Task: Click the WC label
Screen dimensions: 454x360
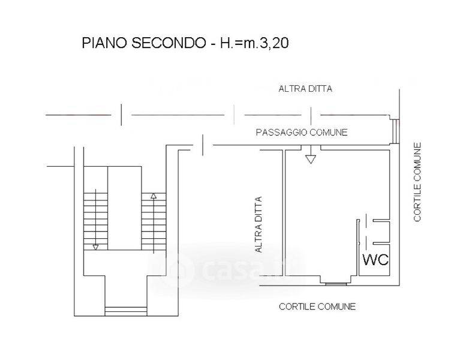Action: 375,260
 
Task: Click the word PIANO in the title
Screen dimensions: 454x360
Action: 104,43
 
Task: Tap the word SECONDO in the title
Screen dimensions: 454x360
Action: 169,43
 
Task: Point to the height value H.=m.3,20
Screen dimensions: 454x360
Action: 254,43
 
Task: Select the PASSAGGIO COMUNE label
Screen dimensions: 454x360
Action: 302,133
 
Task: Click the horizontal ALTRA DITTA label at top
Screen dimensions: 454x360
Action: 305,89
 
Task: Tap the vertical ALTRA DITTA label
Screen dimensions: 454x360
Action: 258,224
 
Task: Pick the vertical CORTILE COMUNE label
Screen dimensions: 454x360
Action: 417,182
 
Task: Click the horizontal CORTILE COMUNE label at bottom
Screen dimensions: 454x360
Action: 317,307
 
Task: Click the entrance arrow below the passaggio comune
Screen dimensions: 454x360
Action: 311,155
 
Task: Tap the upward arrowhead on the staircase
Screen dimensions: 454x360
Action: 154,196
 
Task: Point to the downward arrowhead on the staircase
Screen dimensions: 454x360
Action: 95,247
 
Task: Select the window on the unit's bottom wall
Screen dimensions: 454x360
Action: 336,284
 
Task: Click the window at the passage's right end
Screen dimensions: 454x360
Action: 395,131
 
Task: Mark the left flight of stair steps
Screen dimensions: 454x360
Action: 95,221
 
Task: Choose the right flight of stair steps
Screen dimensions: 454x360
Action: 154,221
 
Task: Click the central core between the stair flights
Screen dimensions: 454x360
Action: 125,208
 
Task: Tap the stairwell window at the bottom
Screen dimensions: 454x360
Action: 126,311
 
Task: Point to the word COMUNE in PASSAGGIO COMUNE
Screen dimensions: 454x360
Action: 328,133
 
